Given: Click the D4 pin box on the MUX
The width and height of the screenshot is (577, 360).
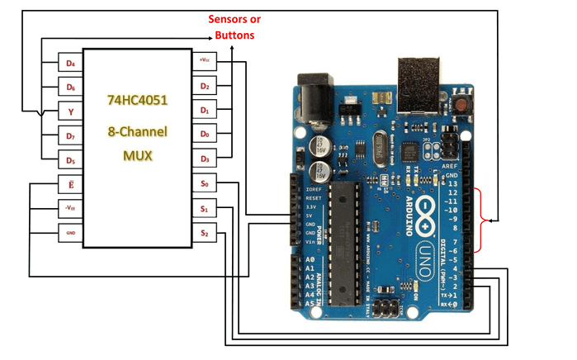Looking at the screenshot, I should click(70, 63).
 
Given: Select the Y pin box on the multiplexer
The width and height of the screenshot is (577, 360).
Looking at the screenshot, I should click(70, 111).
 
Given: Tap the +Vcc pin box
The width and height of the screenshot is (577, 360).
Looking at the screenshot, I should click(205, 60).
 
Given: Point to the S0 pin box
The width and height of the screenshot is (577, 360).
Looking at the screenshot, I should click(205, 183).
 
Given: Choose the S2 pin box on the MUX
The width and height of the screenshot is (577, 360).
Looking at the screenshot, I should click(205, 234).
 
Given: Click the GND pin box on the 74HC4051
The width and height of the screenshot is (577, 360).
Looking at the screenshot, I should click(70, 234).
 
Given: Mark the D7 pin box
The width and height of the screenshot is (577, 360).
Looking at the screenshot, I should click(70, 135).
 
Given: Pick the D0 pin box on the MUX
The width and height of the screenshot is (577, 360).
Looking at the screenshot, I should click(205, 134).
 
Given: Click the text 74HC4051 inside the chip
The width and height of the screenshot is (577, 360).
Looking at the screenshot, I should click(137, 100).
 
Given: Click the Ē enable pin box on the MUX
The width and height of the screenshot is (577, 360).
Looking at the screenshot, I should click(70, 184).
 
